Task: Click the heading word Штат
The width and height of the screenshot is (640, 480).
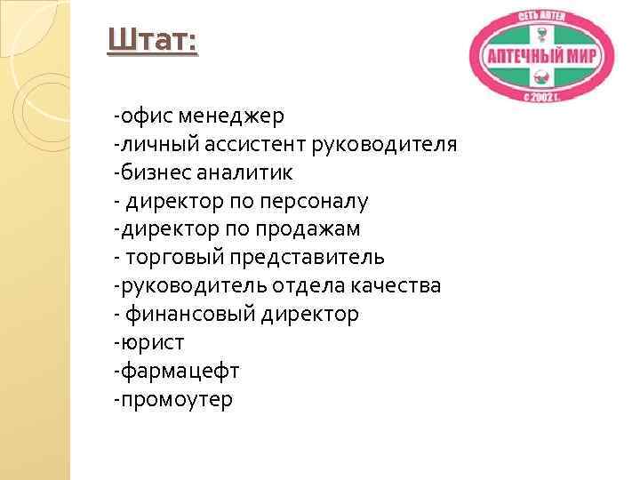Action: point(152,41)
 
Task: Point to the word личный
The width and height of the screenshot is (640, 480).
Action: point(154,144)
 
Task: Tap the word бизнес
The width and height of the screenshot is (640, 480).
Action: point(154,172)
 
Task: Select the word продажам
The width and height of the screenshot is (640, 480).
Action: point(309,229)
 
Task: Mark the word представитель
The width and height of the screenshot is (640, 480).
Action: point(308,258)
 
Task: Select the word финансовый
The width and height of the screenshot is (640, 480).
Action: point(189,315)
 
